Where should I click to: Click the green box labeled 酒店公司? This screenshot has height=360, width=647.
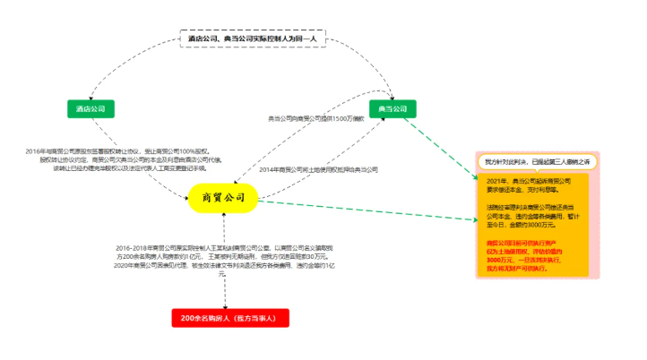click(91, 108)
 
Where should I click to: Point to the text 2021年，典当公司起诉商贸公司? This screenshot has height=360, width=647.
click(529, 185)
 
